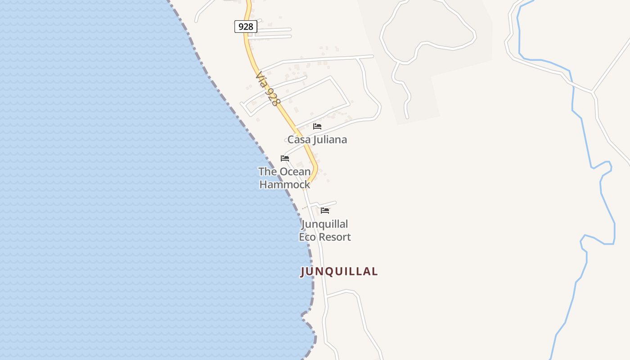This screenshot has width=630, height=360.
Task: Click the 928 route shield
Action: coord(246,27)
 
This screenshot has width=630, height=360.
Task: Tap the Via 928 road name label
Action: coord(266,90)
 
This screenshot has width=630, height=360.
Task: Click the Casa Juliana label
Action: coord(317,139)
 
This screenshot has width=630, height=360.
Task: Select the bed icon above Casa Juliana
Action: coord(317,126)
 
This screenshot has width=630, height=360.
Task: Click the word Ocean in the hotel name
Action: coord(295,171)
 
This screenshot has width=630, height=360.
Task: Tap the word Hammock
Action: coord(285,184)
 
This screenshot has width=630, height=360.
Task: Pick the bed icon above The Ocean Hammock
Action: coord(285,158)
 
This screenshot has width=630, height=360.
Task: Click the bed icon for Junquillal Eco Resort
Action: coord(325,211)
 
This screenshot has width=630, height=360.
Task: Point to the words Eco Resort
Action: coord(325,237)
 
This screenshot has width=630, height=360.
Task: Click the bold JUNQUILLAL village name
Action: coord(339,271)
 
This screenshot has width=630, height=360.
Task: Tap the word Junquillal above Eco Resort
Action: coord(325,224)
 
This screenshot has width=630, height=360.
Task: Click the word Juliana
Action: coord(330,139)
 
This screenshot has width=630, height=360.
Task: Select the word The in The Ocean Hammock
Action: coord(267,171)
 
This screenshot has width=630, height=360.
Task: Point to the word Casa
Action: coord(299,139)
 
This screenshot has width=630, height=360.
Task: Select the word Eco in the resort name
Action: coord(308,237)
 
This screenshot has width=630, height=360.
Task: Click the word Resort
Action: coord(335,237)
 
